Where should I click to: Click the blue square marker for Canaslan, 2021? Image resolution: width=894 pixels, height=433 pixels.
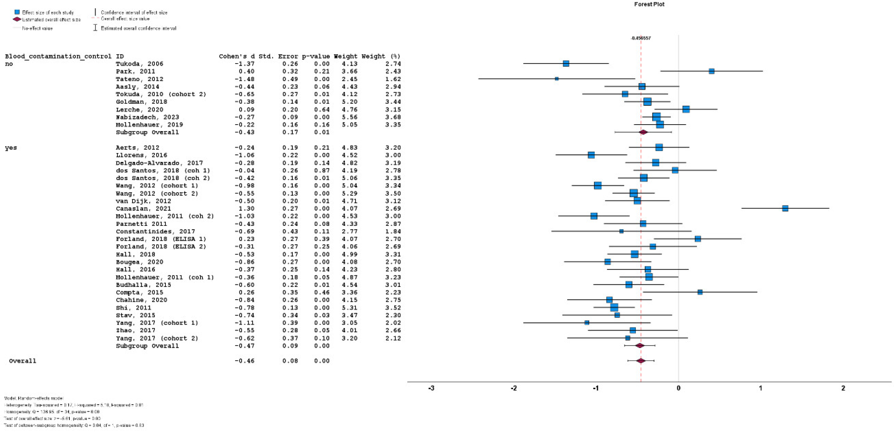(785, 208)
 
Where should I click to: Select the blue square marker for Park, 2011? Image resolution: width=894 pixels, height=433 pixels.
(711, 71)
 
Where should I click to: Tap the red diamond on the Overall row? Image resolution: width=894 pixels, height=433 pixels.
(641, 361)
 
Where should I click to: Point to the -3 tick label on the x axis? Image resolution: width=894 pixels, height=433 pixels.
(431, 388)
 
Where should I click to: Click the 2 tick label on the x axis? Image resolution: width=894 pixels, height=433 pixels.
(843, 388)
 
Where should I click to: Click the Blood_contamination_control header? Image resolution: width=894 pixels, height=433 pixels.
(58, 56)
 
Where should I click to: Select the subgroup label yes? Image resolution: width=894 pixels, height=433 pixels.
(11, 148)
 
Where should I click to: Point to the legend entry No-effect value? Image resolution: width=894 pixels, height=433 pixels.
(37, 28)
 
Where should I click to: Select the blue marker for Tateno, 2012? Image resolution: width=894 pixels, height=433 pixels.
(557, 79)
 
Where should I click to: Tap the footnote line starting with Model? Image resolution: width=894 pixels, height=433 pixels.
(34, 398)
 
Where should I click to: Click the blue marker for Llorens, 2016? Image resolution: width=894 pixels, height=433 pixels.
(591, 155)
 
